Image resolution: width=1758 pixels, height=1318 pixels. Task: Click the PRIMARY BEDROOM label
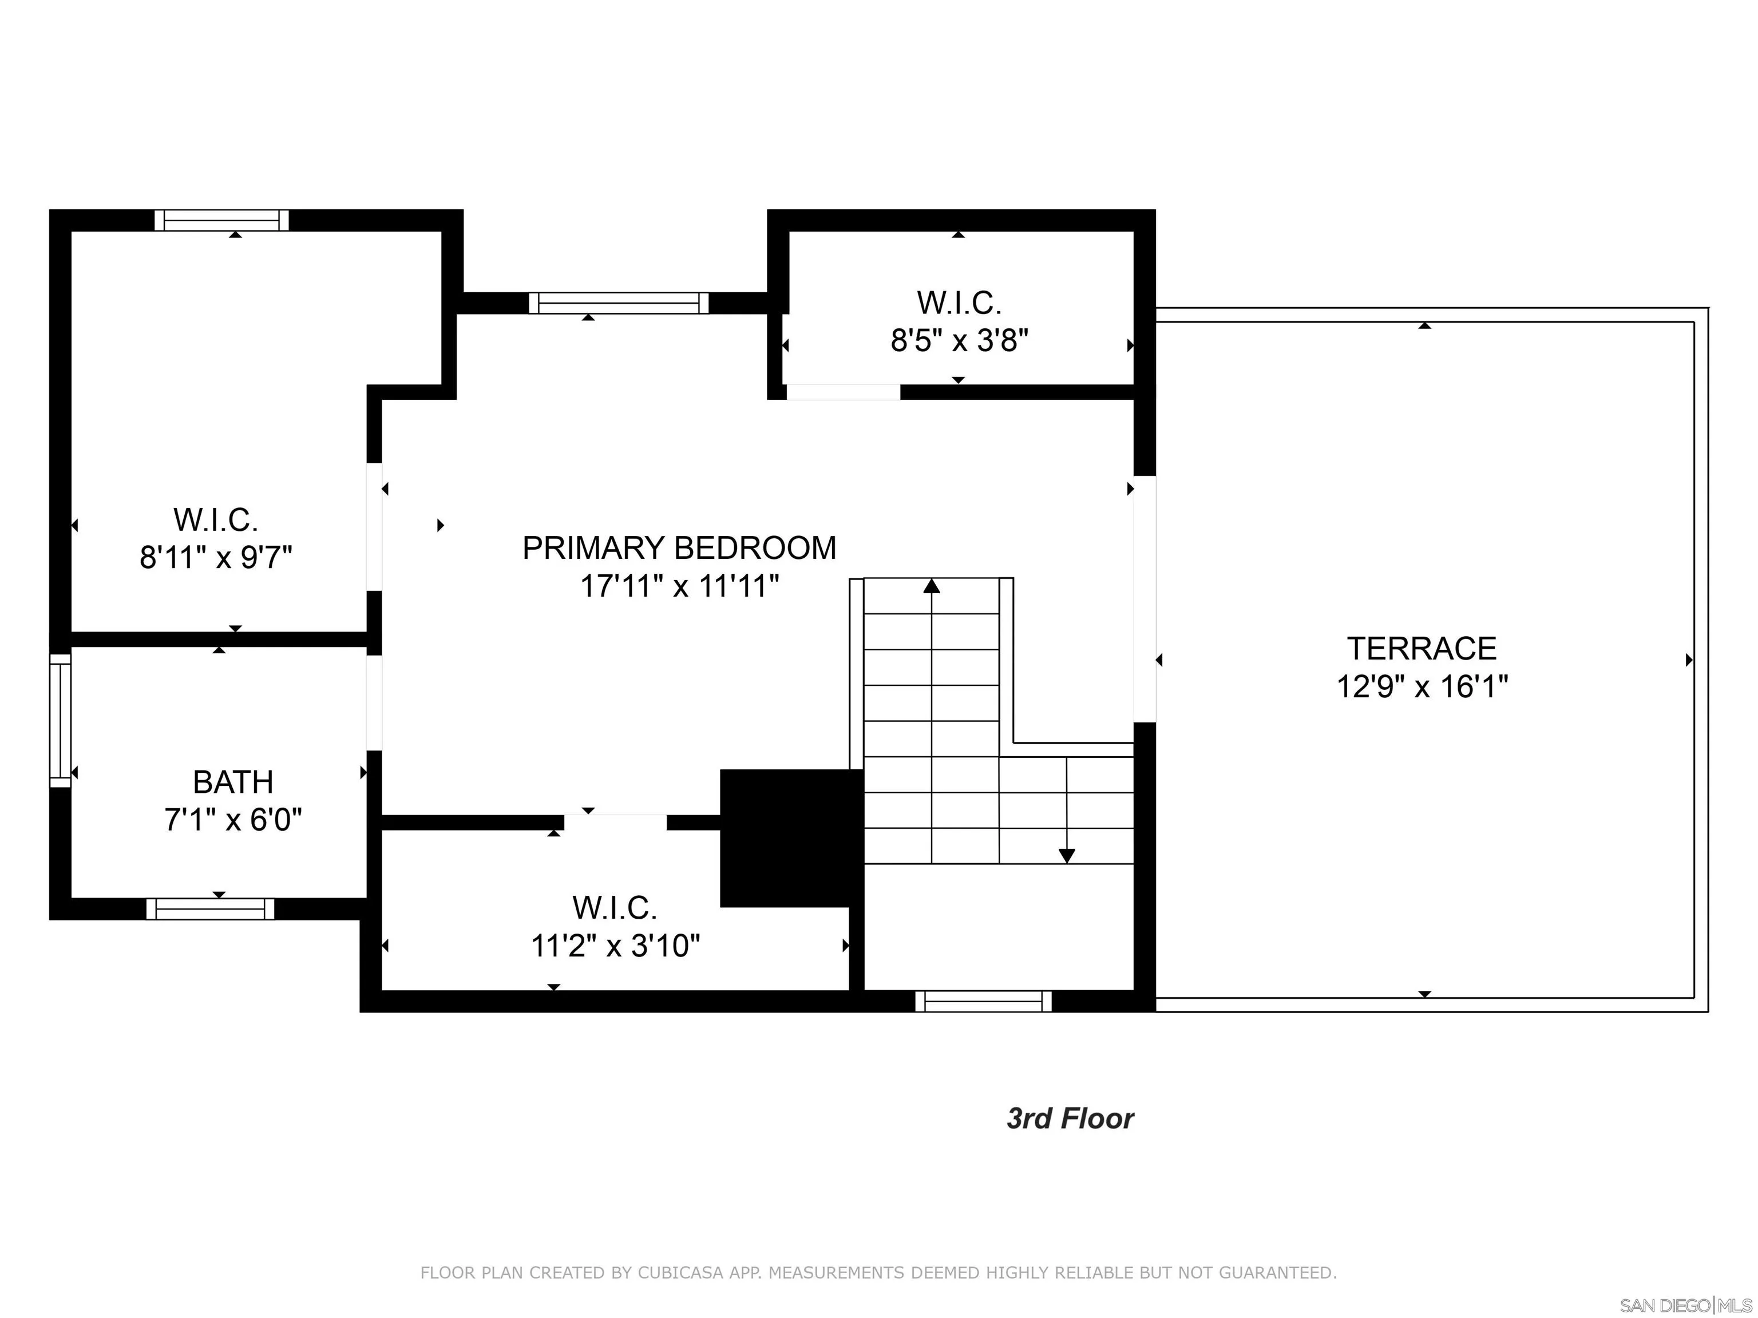click(679, 548)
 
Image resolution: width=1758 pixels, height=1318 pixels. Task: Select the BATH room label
click(233, 783)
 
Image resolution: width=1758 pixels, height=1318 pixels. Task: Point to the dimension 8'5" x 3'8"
click(959, 341)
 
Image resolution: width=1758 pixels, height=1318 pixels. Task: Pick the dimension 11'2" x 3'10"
click(615, 946)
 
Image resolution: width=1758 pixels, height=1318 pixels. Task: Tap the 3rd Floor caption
click(1070, 1118)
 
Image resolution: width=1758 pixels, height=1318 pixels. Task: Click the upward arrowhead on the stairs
click(932, 586)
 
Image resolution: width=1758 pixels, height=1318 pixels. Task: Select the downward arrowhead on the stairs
click(1067, 856)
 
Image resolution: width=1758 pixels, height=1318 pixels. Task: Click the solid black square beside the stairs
click(791, 837)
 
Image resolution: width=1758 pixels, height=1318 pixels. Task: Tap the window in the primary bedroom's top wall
click(618, 303)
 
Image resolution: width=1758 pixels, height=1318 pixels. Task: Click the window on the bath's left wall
click(61, 721)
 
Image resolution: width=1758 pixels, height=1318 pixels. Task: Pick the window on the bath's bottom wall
click(210, 909)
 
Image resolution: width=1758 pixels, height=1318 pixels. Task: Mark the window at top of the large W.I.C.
click(221, 220)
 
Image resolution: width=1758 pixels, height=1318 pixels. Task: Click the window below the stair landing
click(983, 1001)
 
